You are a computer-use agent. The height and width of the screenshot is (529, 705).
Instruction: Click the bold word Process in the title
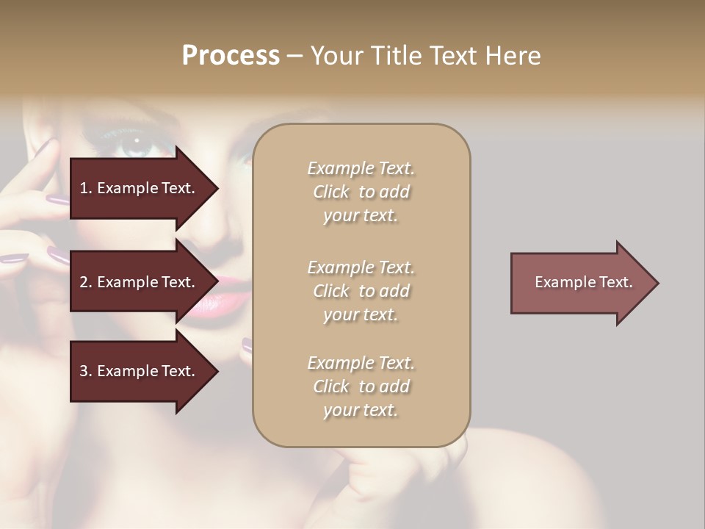[231, 56]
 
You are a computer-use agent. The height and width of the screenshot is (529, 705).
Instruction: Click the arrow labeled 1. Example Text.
[137, 188]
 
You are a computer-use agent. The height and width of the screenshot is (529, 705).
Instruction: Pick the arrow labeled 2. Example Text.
[137, 282]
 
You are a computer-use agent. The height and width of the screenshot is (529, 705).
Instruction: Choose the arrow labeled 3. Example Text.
[137, 371]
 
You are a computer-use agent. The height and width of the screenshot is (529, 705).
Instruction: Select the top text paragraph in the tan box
[361, 192]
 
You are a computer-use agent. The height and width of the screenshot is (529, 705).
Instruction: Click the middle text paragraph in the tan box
[361, 291]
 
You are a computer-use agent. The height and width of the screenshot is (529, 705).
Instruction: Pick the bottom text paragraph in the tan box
[361, 386]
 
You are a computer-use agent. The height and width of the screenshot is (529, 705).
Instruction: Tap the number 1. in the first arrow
[85, 188]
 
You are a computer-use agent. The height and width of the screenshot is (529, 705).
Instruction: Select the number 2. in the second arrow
[85, 282]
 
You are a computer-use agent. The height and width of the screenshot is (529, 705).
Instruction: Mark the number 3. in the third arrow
[85, 371]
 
